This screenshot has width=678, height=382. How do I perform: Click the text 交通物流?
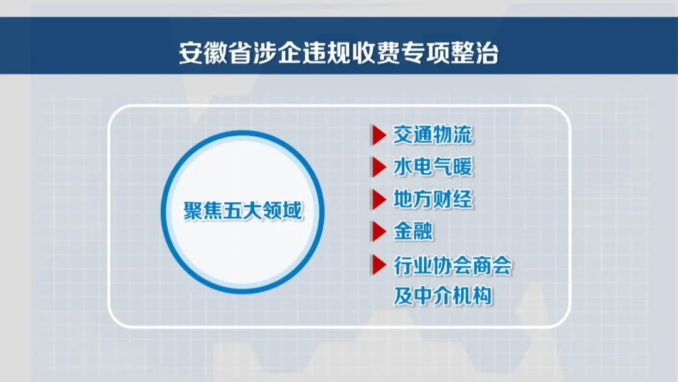pos(433,134)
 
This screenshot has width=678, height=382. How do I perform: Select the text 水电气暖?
pos(433,167)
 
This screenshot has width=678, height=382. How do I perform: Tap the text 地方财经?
pos(433,199)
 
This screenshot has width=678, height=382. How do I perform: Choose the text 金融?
pos(412,231)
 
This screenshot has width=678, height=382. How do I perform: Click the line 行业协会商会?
pos(453,265)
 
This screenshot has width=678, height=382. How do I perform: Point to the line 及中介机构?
pos(443,295)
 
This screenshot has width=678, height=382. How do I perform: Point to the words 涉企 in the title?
pos(293,53)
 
